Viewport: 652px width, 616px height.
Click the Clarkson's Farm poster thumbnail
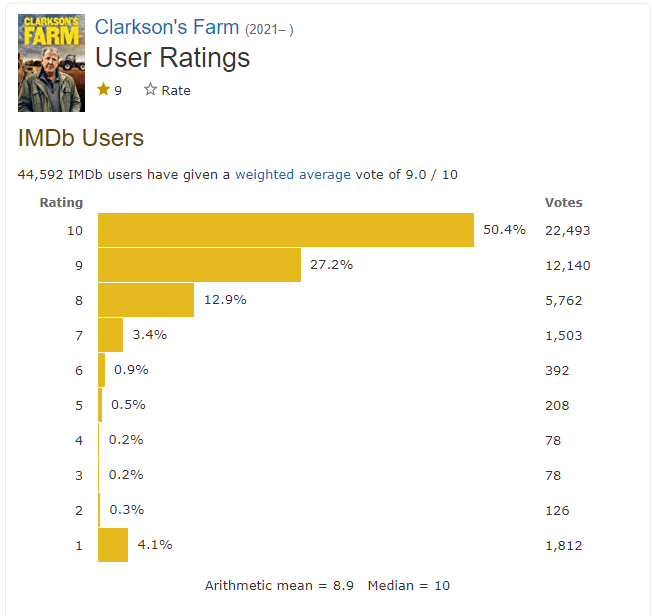(x=51, y=63)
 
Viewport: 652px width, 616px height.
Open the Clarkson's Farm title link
(x=167, y=27)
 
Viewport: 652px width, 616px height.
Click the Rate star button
(x=167, y=90)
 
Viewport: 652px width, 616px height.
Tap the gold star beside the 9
(x=103, y=90)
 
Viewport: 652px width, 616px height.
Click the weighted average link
(x=293, y=174)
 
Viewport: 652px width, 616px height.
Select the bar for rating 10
(x=285, y=230)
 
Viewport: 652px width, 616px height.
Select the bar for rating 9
(x=199, y=265)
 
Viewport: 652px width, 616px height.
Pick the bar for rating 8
(x=146, y=300)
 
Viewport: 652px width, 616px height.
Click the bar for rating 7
(x=111, y=335)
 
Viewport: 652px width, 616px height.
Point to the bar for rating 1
(x=113, y=545)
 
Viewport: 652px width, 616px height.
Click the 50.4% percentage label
(x=504, y=230)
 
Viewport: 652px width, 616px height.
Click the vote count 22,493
(x=568, y=230)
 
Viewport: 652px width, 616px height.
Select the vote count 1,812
(x=564, y=545)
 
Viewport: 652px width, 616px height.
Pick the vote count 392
(x=557, y=370)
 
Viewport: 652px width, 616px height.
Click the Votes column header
(x=563, y=203)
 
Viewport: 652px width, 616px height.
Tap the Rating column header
(x=61, y=203)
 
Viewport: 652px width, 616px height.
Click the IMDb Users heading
(x=81, y=138)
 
